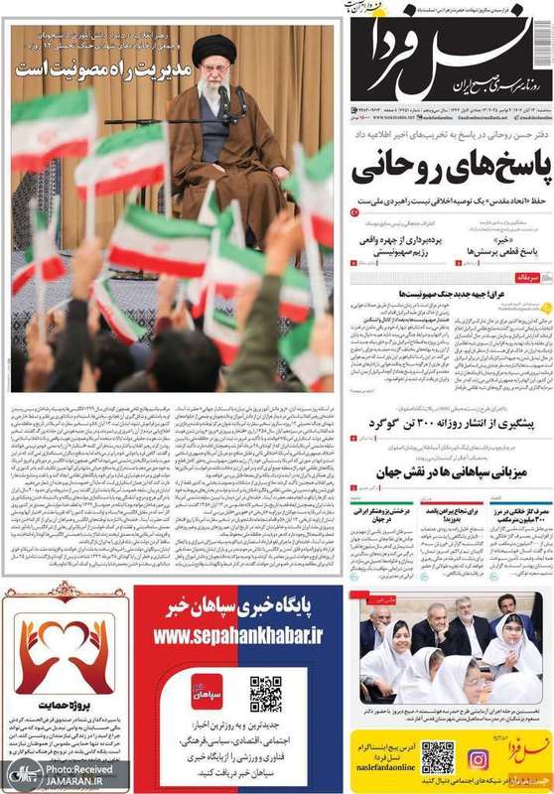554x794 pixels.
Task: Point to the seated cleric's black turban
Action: (x=213, y=47)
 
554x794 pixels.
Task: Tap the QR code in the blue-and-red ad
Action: (x=265, y=694)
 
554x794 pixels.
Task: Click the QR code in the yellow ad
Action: (x=437, y=757)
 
